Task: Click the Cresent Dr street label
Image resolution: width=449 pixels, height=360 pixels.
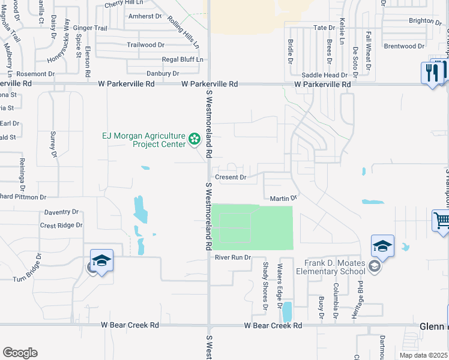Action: click(231, 178)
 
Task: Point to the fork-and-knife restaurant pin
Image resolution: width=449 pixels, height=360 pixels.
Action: click(432, 74)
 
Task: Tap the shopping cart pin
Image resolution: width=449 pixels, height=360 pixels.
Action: click(442, 221)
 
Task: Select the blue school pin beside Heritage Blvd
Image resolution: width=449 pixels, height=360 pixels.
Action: click(382, 246)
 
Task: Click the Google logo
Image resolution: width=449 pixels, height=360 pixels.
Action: click(20, 353)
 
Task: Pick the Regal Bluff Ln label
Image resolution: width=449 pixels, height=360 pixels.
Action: click(182, 59)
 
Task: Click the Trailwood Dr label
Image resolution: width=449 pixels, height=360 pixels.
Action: click(145, 45)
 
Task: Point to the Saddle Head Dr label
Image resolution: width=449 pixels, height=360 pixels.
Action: click(324, 76)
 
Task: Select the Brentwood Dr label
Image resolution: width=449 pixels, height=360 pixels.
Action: click(404, 46)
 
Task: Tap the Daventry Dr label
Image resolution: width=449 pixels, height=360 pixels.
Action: click(62, 212)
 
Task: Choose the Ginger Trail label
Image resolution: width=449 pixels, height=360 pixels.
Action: click(89, 28)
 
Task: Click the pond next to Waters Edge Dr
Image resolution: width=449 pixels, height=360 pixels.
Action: click(287, 311)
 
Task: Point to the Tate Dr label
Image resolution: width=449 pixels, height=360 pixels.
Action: click(324, 28)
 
